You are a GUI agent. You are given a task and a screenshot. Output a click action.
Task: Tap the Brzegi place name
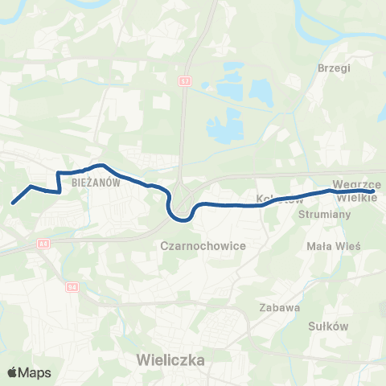point(335,68)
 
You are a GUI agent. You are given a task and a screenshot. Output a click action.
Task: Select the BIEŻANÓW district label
point(96,183)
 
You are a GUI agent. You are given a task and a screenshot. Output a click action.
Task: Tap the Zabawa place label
point(279,306)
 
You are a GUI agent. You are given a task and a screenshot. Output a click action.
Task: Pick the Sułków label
point(327,326)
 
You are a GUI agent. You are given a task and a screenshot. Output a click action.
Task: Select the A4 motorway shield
point(43,242)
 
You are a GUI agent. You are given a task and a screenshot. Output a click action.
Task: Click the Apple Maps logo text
point(35,372)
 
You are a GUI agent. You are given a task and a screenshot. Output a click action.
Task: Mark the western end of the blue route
point(13,203)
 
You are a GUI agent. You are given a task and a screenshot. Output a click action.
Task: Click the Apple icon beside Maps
point(13,372)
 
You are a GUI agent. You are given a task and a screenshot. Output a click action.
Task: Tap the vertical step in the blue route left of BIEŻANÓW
point(58,182)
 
